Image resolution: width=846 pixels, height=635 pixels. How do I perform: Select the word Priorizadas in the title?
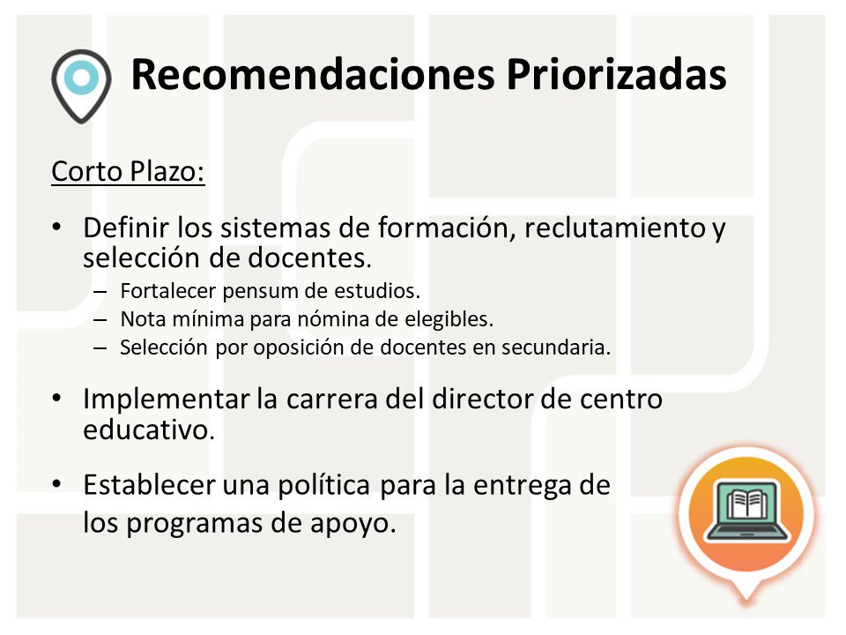tap(616, 75)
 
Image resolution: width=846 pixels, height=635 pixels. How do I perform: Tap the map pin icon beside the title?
tap(81, 82)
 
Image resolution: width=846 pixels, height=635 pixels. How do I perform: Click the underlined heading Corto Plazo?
tap(128, 171)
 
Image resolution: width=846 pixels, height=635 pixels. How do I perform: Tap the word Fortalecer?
tap(161, 289)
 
